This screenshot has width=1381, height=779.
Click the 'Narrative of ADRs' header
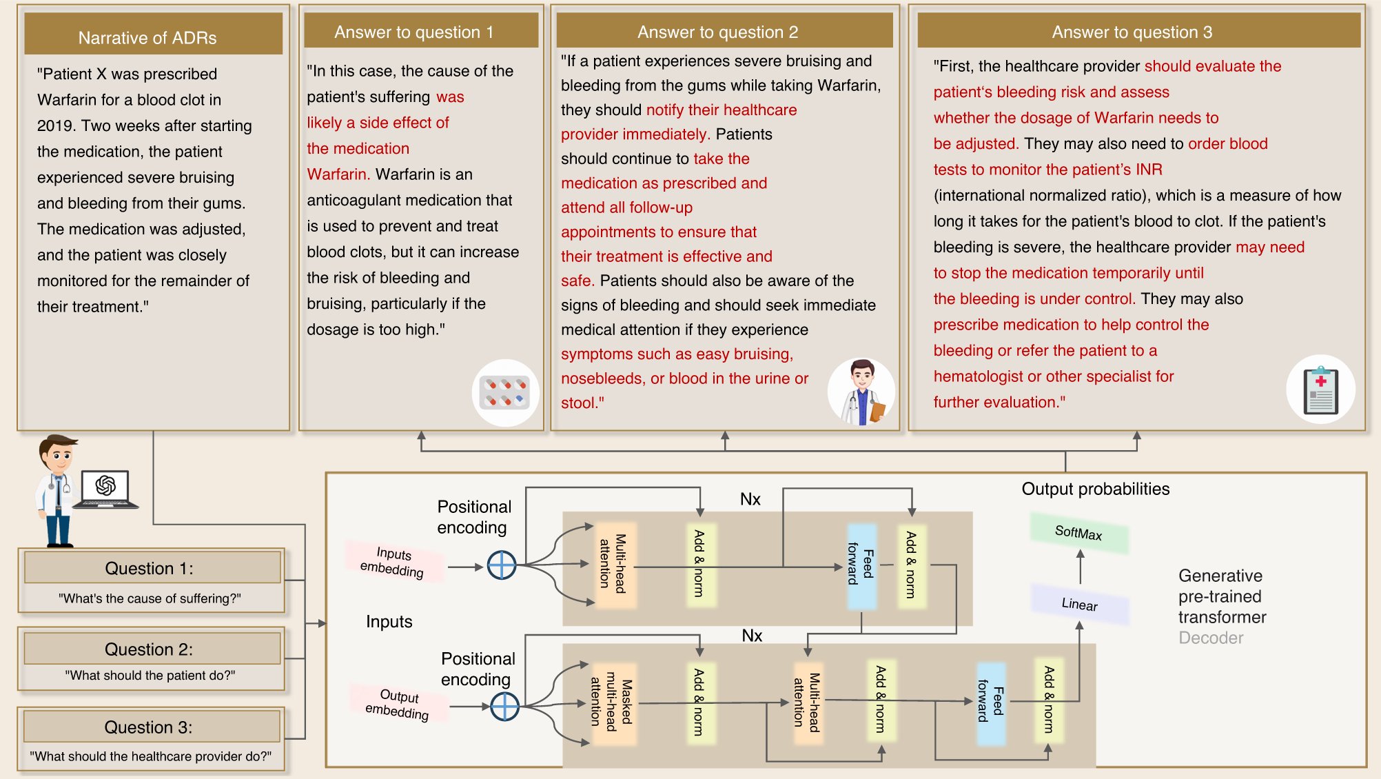147,38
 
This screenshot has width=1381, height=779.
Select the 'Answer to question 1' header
413,32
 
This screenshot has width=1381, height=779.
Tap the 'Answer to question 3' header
1132,32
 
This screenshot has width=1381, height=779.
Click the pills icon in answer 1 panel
505,393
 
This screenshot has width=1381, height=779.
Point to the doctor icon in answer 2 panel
861,392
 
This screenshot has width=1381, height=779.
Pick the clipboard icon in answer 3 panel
1320,390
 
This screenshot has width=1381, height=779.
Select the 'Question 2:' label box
149,649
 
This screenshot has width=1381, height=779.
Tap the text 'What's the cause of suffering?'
150,598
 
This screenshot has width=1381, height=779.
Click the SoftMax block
1078,533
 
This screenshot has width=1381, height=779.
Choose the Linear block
1079,605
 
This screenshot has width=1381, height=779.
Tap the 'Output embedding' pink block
398,704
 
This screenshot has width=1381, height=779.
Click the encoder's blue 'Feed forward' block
861,565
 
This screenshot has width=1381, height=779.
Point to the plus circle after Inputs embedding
502,565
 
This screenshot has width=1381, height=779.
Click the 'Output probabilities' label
1095,489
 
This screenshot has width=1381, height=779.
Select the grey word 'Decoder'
1210,638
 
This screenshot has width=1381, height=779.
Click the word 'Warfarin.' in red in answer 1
338,174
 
